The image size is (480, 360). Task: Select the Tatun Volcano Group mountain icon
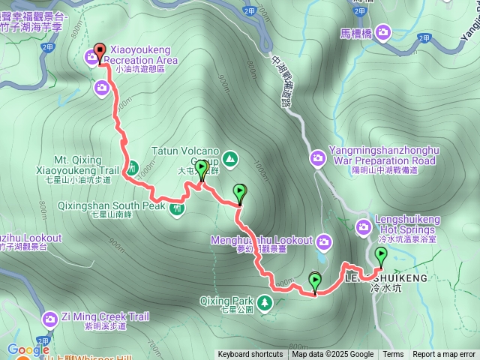(x=229, y=158)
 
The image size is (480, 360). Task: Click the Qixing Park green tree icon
(x=264, y=302)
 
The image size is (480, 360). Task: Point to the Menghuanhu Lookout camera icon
(x=324, y=241)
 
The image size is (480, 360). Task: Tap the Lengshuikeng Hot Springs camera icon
(x=364, y=225)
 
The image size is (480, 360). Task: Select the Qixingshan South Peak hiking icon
(x=177, y=208)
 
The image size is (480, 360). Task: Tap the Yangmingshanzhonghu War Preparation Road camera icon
(x=318, y=157)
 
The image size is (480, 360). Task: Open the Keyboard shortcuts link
(x=250, y=355)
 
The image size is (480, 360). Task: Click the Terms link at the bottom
(x=393, y=355)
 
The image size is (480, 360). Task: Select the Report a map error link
(x=444, y=355)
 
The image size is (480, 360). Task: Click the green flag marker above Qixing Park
(x=315, y=281)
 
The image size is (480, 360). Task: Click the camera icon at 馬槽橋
(x=383, y=31)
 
